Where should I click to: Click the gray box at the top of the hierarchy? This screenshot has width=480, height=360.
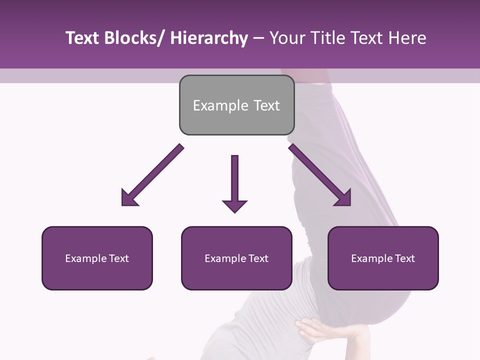coord(236,105)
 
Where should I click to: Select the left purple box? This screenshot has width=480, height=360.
coord(97,258)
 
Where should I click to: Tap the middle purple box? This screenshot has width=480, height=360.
coord(236,258)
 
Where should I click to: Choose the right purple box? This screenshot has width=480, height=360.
coord(383,258)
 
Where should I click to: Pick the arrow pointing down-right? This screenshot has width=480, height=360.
coord(320,175)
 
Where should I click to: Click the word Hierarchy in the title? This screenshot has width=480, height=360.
coord(209,38)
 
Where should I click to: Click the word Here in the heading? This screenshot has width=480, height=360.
coord(408,38)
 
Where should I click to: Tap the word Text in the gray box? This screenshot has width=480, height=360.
coord(266,105)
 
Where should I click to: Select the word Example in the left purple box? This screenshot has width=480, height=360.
coord(86,258)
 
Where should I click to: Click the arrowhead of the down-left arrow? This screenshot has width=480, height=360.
coord(128,198)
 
